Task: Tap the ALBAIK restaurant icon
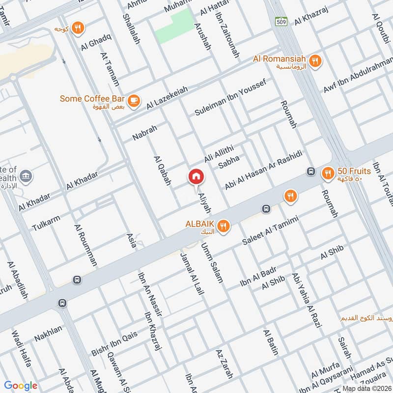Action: pyautogui.click(x=224, y=226)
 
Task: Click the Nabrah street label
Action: pyautogui.click(x=144, y=132)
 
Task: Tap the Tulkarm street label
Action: pyautogui.click(x=46, y=222)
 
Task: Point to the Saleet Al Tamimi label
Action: pyautogui.click(x=270, y=231)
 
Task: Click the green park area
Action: pyautogui.click(x=174, y=26)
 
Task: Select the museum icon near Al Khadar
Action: pyautogui.click(x=25, y=176)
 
